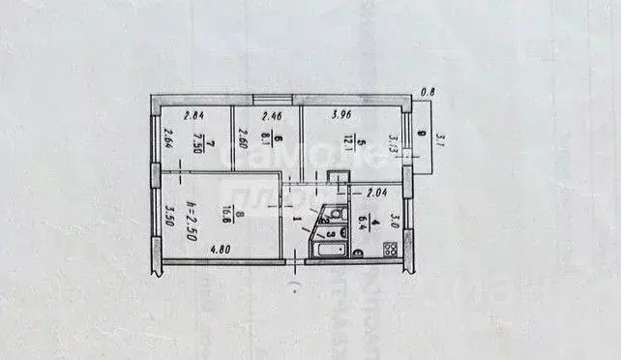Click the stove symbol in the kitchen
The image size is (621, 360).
click(x=391, y=250)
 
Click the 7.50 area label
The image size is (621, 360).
click(x=196, y=144)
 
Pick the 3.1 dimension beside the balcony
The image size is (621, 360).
click(x=440, y=140)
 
